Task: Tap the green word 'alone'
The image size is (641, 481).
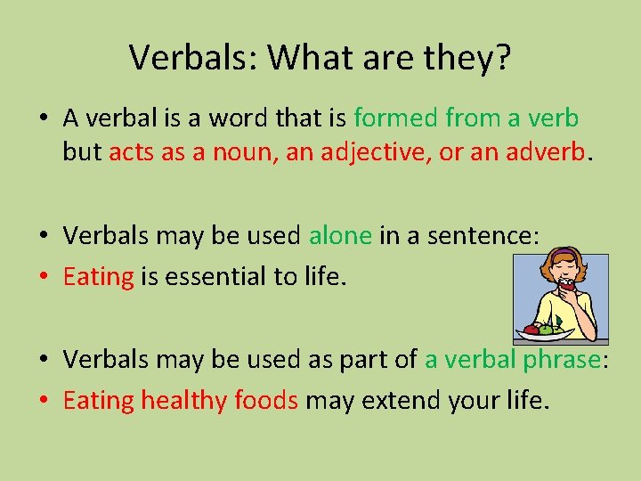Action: pos(340,235)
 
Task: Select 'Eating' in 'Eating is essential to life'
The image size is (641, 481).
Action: pos(98,277)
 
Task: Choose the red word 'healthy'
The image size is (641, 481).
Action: pos(184,400)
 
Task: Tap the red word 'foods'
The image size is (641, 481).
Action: pos(266,400)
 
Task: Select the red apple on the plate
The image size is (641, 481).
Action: pos(532,329)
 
